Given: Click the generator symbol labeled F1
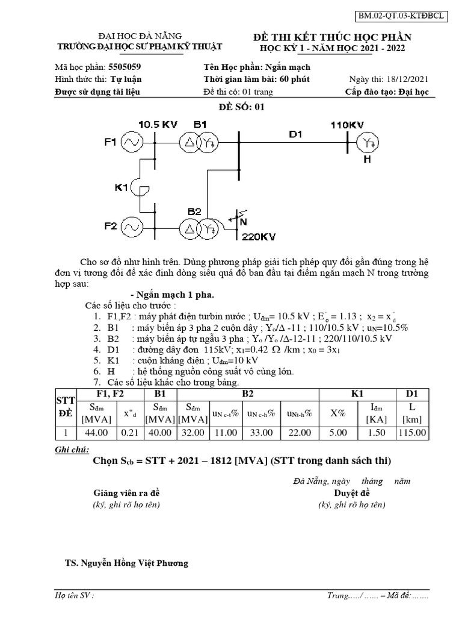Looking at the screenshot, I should click(131, 143).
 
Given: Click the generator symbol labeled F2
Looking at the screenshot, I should click(131, 228).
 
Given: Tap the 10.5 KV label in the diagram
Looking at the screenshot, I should click(158, 124).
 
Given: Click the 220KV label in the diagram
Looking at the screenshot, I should click(258, 237).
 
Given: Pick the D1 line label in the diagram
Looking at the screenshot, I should click(295, 134).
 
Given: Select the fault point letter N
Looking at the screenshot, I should click(244, 222).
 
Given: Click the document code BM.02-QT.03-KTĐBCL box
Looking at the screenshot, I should click(408, 16).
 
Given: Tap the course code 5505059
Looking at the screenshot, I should click(125, 67).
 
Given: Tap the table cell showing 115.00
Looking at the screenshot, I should click(412, 433).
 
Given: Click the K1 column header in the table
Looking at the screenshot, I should click(357, 394).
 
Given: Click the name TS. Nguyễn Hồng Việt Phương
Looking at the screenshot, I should click(127, 563).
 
